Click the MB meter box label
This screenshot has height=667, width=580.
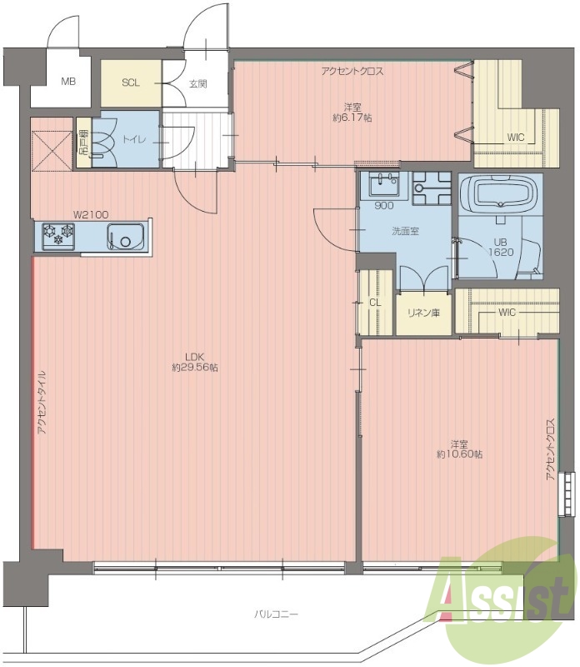click(68, 81)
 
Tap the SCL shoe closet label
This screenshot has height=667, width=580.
click(131, 83)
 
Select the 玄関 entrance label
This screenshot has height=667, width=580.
click(197, 84)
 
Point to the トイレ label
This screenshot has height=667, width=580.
click(134, 139)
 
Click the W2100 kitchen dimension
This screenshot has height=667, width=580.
click(91, 214)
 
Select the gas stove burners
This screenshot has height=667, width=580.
click(58, 235)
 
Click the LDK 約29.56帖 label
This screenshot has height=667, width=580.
click(195, 362)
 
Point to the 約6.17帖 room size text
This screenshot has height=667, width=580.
click(352, 118)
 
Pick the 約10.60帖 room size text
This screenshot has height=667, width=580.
click(459, 454)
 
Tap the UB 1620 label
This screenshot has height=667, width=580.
click(501, 247)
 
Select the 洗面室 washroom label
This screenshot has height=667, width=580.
click(405, 232)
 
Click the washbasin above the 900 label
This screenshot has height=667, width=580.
click(384, 185)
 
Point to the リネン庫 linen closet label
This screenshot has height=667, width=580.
click(423, 313)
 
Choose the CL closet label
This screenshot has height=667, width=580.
click(375, 303)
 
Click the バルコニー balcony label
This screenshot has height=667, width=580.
click(277, 614)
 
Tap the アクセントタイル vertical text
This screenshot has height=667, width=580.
click(42, 402)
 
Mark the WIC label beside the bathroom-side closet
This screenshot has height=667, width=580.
click(507, 313)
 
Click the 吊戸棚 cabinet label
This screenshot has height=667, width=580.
click(83, 143)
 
